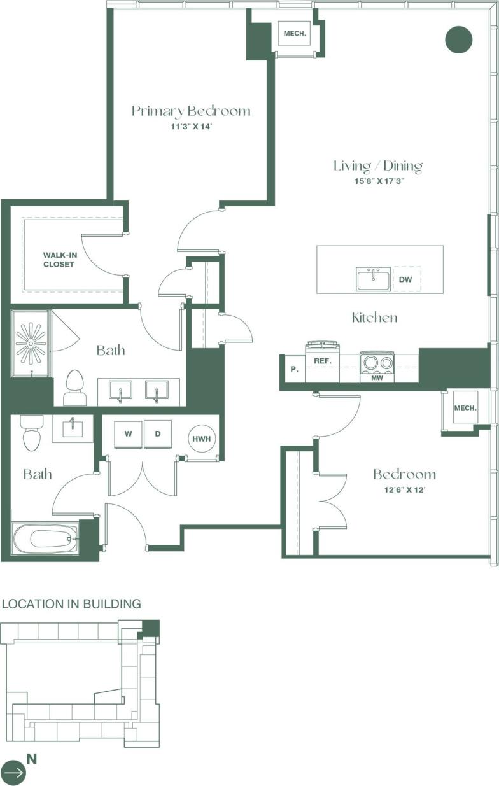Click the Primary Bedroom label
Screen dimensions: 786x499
tap(191, 111)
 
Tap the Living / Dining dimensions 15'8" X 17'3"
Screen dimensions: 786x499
tap(378, 181)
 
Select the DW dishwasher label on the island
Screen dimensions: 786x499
tap(405, 279)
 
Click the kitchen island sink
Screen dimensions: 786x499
tap(374, 279)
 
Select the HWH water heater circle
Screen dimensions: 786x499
tap(202, 438)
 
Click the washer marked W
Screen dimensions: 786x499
tap(128, 434)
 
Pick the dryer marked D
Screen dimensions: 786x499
tap(158, 434)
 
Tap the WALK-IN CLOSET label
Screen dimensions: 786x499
tap(59, 260)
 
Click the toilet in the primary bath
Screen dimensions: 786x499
tap(75, 389)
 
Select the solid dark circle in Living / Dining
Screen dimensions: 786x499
tap(458, 39)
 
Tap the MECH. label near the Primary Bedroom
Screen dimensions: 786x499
tap(295, 34)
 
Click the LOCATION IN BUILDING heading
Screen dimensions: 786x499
tap(71, 604)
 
